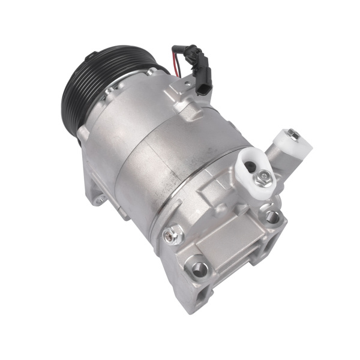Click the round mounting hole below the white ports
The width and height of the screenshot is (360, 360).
[x=273, y=217]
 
